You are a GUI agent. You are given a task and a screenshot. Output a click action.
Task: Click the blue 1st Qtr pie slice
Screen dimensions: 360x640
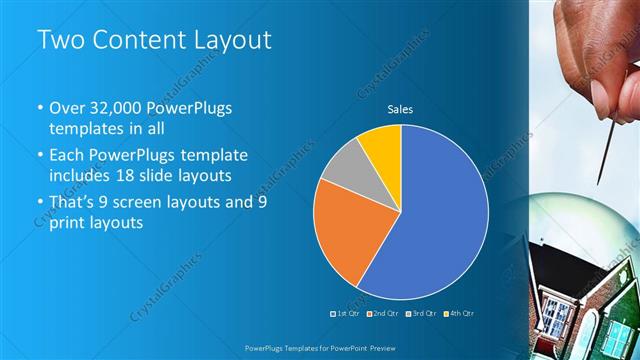[440, 220]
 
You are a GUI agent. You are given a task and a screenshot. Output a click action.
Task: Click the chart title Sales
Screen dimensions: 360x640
[400, 110]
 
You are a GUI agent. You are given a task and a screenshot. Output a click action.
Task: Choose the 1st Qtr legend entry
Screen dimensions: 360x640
[346, 313]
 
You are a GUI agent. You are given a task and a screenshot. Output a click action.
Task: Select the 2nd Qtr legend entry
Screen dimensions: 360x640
[384, 313]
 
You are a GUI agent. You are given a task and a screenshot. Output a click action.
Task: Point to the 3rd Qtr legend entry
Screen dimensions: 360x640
[422, 313]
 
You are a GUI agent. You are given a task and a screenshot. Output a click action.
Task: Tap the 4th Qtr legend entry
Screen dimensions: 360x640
[460, 313]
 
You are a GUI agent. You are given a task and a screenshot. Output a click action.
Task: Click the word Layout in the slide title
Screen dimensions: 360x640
[229, 41]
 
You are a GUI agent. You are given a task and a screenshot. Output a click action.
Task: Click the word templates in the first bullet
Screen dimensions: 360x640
[86, 129]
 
